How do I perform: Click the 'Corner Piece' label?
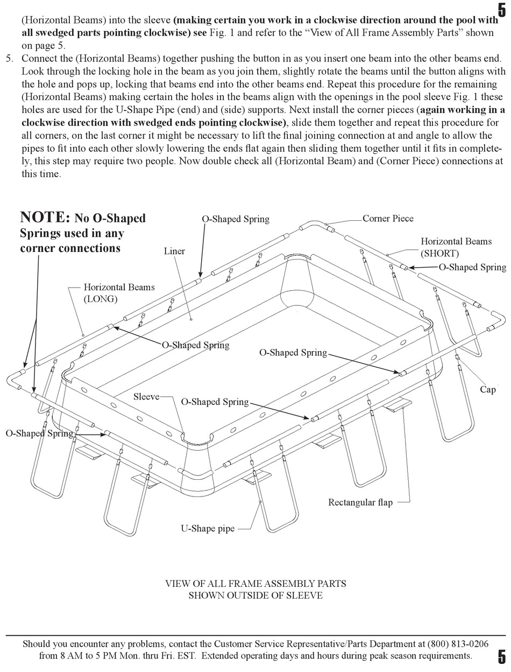388,219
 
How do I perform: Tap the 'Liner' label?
174,251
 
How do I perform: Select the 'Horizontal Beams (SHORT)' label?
456,247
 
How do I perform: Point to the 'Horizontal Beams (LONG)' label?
119,293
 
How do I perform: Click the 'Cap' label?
487,389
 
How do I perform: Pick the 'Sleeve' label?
146,397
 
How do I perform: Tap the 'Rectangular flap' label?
360,502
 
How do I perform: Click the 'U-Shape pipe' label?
208,528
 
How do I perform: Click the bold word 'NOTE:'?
45,218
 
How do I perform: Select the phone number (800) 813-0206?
458,644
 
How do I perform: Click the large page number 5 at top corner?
502,10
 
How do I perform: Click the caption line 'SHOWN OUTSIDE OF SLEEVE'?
256,595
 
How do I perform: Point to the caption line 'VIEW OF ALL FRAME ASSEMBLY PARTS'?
256,584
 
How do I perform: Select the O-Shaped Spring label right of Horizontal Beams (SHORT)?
472,267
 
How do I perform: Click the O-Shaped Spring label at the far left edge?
39,433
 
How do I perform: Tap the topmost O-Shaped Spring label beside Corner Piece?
236,219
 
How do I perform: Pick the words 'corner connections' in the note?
70,248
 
